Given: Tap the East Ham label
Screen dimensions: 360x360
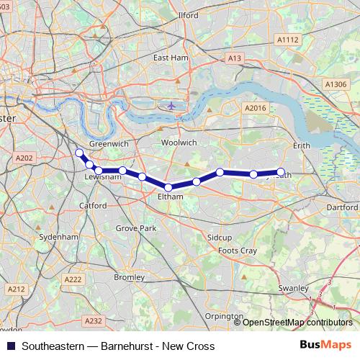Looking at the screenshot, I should click(x=171, y=58).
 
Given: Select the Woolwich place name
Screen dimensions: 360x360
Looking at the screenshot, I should click(x=179, y=143).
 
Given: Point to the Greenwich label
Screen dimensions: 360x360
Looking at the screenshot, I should click(x=109, y=144).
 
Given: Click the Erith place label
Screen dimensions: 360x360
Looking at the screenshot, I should click(x=302, y=145).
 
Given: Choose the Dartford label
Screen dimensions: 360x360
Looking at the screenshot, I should click(x=342, y=207).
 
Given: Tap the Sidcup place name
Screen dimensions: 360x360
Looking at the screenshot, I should click(x=220, y=237).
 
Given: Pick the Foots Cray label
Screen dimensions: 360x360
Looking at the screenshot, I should click(x=238, y=251).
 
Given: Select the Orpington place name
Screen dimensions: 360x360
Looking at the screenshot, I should click(x=224, y=316).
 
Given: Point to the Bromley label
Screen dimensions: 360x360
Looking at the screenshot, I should click(x=130, y=276).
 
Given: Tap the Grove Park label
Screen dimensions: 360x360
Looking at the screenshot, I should click(x=137, y=228).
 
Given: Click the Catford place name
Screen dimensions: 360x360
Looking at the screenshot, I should click(x=93, y=205).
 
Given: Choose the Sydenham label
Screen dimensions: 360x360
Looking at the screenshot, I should click(x=59, y=236).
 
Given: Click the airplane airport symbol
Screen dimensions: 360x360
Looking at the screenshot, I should click(x=171, y=105).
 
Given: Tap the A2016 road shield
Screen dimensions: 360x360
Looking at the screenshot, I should click(x=256, y=107).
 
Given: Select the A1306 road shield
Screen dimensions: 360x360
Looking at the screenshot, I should click(x=336, y=84).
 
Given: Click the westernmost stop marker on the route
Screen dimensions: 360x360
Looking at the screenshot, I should click(x=79, y=153).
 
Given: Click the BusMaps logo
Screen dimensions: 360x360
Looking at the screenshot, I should click(x=326, y=346).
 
